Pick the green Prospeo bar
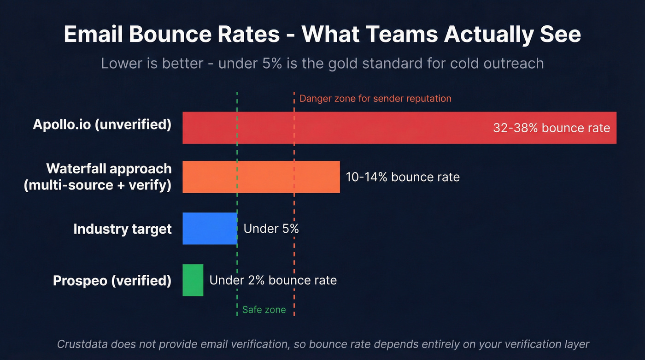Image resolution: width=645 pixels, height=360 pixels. click(x=193, y=280)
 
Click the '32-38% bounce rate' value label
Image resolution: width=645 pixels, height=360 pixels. click(x=551, y=128)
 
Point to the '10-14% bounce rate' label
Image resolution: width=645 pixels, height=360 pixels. click(x=402, y=177)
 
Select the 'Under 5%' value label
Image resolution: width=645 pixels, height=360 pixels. click(x=271, y=229)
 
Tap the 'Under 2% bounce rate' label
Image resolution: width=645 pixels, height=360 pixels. click(x=273, y=280)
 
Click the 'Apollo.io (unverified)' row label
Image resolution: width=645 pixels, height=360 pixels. click(x=102, y=124)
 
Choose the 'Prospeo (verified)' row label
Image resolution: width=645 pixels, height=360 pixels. click(x=112, y=280)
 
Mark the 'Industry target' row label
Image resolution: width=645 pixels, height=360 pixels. click(x=122, y=229)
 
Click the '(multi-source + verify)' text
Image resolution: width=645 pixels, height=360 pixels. click(x=98, y=185)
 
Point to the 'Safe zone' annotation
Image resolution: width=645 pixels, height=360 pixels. click(x=264, y=310)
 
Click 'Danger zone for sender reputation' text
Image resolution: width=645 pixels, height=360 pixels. click(x=375, y=98)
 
